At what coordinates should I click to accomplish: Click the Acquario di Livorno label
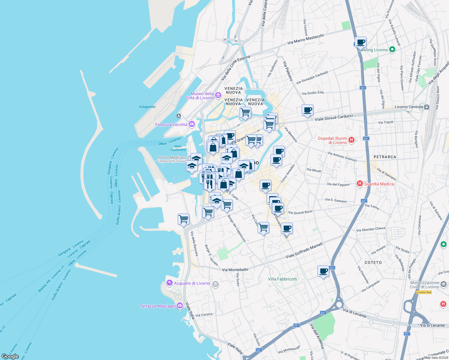pos(192,283)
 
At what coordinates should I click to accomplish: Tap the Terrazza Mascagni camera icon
pos(180,306)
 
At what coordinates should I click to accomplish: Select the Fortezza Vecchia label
pos(171,124)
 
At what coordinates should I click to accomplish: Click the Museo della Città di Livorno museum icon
pos(218,95)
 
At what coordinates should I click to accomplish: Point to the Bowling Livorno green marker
pos(392,49)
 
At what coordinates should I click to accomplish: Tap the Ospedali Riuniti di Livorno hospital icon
pos(351,140)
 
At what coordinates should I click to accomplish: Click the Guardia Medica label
pos(379,184)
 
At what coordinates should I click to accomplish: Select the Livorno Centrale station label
pos(409,107)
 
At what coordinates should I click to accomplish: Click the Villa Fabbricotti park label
pos(282,279)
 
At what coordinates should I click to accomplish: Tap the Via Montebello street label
pos(235,270)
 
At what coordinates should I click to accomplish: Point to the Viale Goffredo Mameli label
pos(304,250)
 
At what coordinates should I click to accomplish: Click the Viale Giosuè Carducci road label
pos(334,117)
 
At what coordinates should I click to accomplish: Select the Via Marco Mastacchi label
pos(306,39)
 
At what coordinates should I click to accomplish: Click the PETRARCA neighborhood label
pos(385,157)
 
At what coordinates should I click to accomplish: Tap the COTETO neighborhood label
pos(373,262)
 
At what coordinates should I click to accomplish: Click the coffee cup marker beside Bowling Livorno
pos(360,42)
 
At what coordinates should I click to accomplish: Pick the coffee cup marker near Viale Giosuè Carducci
pos(307,110)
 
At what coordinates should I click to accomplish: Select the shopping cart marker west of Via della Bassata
pos(183,219)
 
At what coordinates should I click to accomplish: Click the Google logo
pos(10,356)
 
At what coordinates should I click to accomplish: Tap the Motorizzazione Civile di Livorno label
pos(424,285)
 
